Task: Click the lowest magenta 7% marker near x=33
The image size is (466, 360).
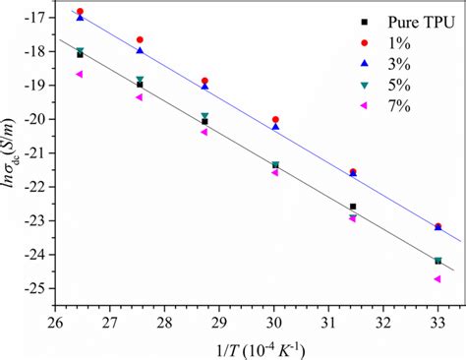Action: [x=437, y=278]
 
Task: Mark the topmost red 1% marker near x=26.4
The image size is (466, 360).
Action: [x=80, y=12]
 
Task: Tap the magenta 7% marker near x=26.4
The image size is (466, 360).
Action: [x=80, y=74]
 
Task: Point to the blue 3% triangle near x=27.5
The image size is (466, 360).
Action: [x=140, y=50]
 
